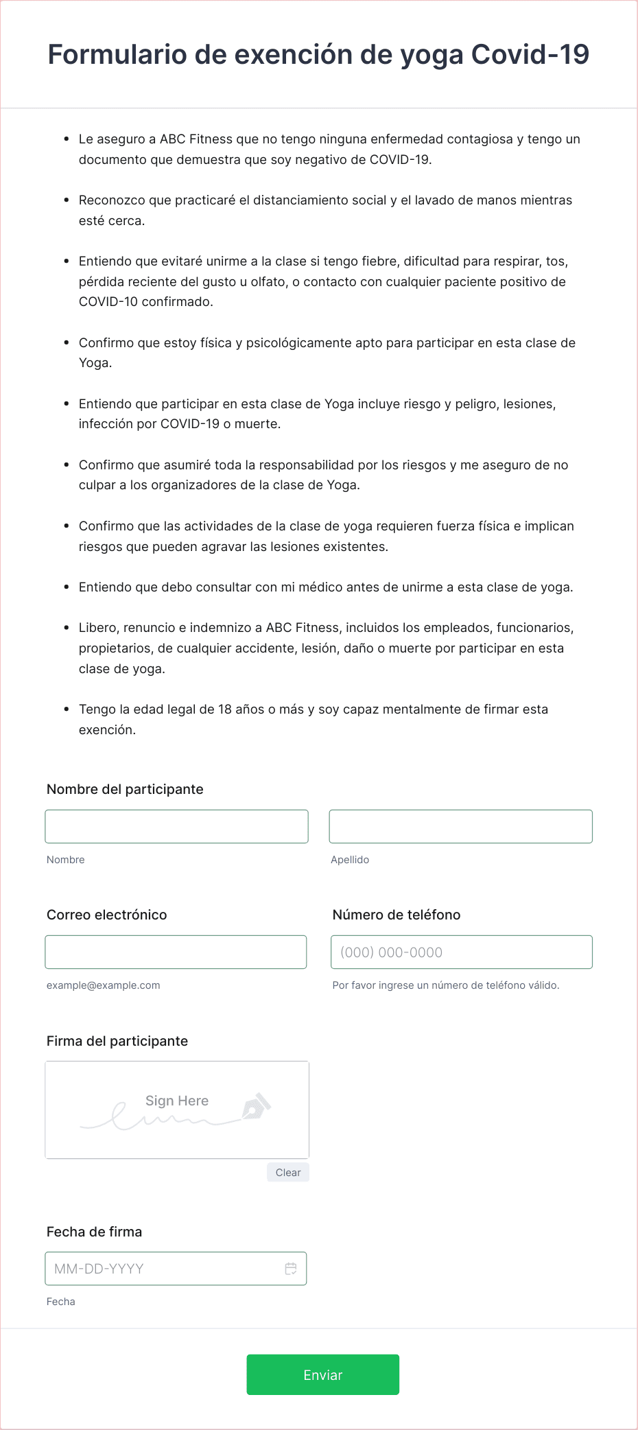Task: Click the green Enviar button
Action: click(x=322, y=1374)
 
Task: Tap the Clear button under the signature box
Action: click(x=288, y=1173)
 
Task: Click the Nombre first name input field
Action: click(x=176, y=826)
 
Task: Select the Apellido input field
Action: click(x=460, y=826)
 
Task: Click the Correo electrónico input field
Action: click(x=176, y=952)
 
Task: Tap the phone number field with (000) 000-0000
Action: click(x=461, y=952)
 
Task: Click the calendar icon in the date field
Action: click(x=291, y=1269)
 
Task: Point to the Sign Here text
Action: click(x=177, y=1101)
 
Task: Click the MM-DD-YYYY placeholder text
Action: click(x=99, y=1269)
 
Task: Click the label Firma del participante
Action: click(x=117, y=1041)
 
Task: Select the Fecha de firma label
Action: click(x=95, y=1232)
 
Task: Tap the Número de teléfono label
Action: click(x=397, y=915)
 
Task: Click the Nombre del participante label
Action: click(x=125, y=789)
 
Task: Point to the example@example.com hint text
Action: click(x=104, y=985)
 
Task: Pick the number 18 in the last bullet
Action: click(x=225, y=710)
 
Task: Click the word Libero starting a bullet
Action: click(x=98, y=628)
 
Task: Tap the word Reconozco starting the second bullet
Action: click(x=112, y=200)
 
